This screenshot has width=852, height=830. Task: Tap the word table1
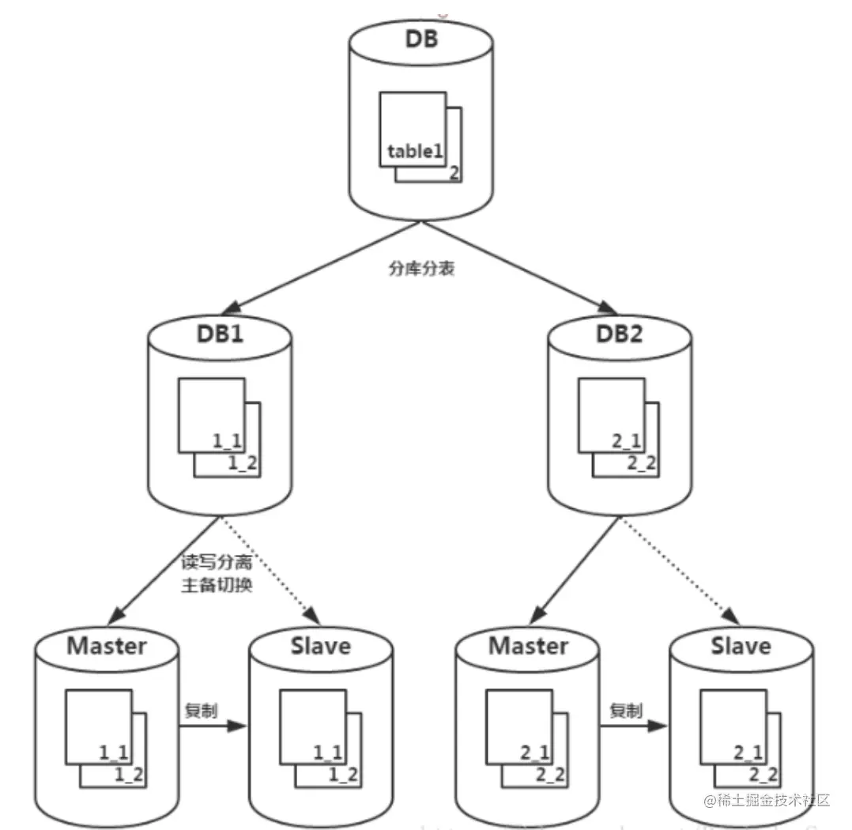414,151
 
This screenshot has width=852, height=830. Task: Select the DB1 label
220,332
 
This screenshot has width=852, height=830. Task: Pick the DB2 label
620,332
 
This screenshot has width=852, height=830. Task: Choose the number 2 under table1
454,174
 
